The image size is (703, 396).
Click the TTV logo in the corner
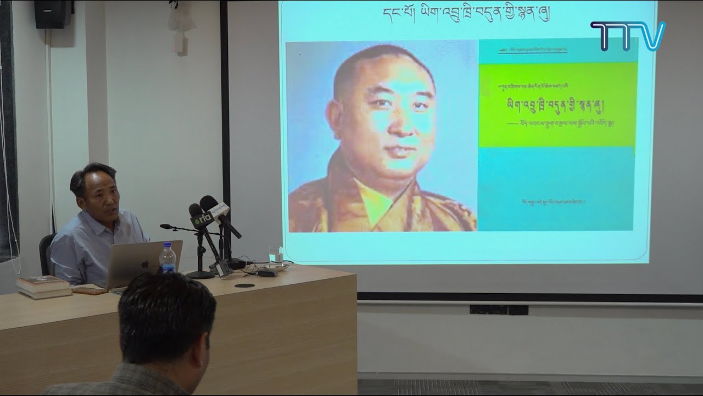point(627,36)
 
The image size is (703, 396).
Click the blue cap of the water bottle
point(167,246)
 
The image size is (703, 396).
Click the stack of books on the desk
point(43,286)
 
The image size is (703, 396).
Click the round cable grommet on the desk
point(244,285)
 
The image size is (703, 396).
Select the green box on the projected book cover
point(557,105)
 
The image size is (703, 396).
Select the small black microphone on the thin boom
point(165,226)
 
